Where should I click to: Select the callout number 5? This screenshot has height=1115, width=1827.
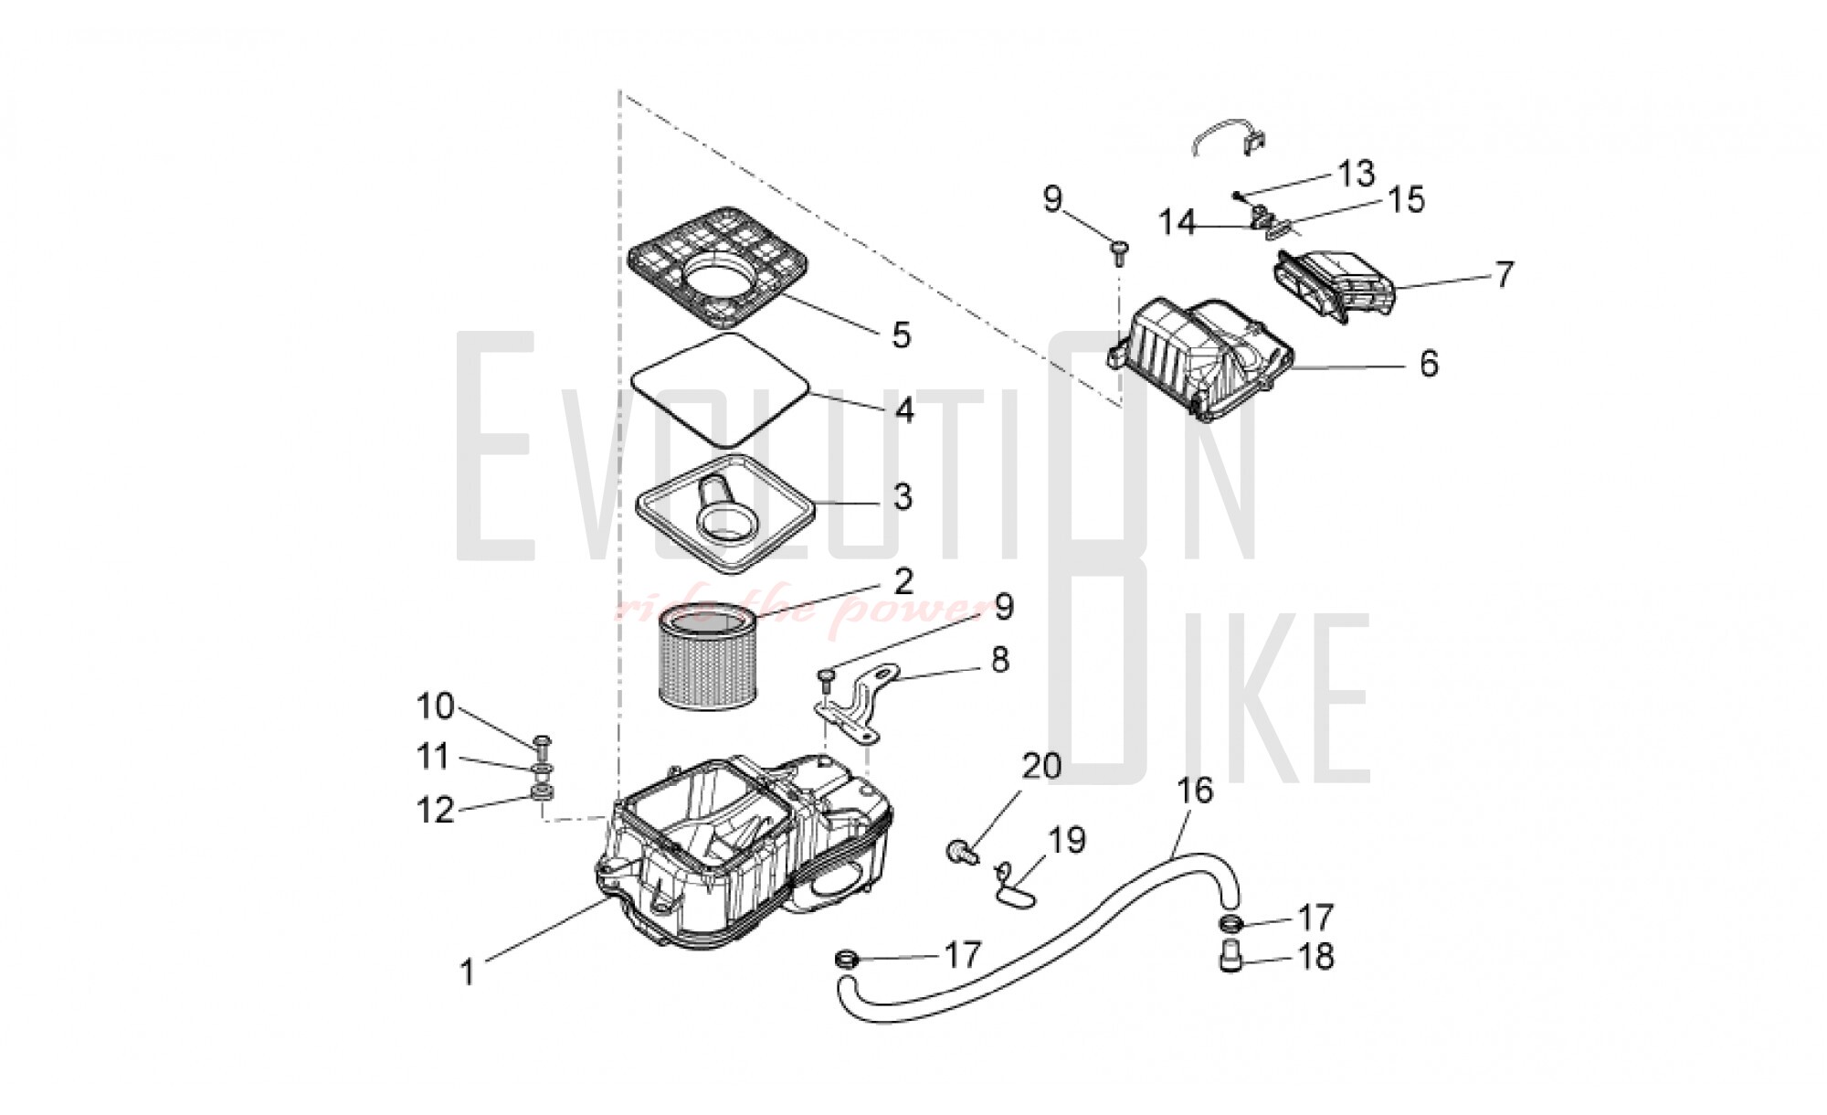[x=902, y=335]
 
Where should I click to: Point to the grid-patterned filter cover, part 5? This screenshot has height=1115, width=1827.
[x=719, y=267]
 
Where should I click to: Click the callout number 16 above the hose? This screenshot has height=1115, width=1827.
[x=1196, y=791]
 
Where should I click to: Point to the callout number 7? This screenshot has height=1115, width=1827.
[x=1504, y=274]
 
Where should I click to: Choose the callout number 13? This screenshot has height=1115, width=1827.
[x=1357, y=173]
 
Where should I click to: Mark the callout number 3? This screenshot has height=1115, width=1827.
[x=903, y=498]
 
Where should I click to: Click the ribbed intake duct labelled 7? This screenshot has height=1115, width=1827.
[x=1334, y=285]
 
